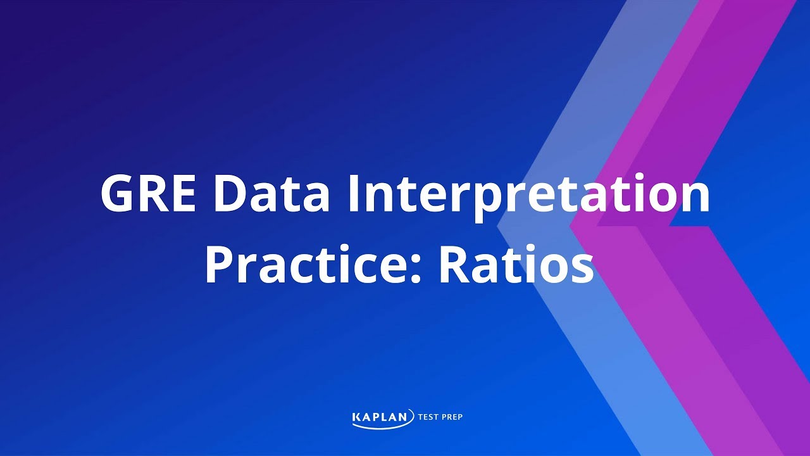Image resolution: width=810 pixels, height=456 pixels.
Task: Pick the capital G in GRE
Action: pyautogui.click(x=118, y=194)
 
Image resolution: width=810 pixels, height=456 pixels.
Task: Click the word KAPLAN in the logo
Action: pyautogui.click(x=383, y=417)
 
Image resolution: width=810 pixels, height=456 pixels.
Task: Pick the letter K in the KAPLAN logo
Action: pyautogui.click(x=357, y=417)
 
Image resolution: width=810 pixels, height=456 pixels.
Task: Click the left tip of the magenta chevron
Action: pyautogui.click(x=571, y=225)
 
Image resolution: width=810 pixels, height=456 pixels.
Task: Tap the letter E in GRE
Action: pyautogui.click(x=188, y=194)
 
